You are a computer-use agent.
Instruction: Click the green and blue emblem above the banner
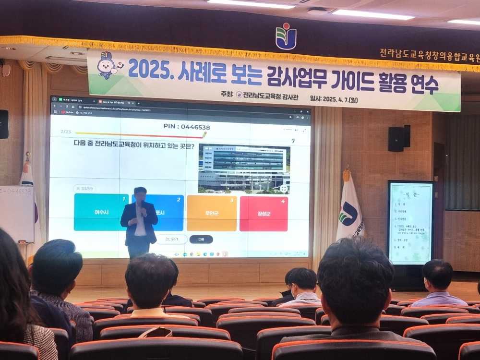286,36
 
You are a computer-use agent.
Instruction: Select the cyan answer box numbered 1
100,212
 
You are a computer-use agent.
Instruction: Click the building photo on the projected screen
244,168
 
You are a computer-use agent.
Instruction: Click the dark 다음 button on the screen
201,239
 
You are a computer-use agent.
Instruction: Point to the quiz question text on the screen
134,144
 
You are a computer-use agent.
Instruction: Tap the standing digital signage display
410,223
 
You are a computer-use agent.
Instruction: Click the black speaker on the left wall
3,124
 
